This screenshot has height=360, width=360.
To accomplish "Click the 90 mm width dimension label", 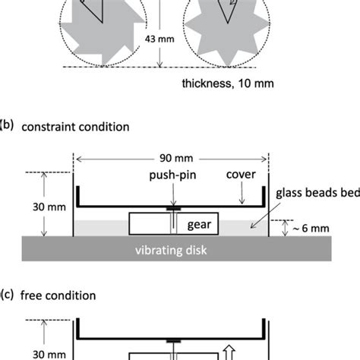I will pos(170,160).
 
